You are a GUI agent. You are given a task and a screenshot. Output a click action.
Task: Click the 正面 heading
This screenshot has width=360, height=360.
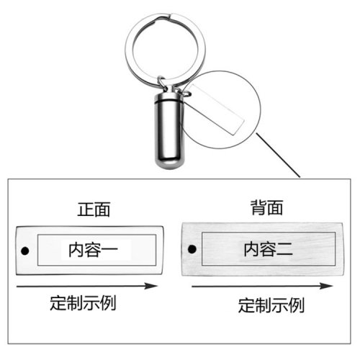tap(94, 210)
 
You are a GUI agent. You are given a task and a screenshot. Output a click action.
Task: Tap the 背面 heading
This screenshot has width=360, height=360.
tap(266, 207)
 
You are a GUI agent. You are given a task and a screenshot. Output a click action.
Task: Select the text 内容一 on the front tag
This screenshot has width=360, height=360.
tap(93, 250)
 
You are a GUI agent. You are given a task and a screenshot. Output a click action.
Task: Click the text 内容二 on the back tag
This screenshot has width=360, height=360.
tap(268, 249)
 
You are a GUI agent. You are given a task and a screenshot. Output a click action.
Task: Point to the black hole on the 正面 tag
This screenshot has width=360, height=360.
tap(25, 251)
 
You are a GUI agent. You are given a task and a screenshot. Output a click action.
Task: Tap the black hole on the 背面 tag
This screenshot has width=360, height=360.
tap(192, 249)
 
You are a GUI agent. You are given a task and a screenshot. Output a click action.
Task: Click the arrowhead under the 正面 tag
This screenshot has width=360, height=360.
tap(150, 286)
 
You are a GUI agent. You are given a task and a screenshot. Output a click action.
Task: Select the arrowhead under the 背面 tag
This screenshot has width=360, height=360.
tap(326, 286)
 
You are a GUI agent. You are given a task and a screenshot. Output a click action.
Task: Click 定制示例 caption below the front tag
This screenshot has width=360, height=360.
tap(83, 303)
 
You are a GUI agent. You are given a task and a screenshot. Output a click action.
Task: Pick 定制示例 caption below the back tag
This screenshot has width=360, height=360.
tap(271, 305)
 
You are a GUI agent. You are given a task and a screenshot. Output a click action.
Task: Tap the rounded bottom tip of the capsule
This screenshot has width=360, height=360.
tap(169, 166)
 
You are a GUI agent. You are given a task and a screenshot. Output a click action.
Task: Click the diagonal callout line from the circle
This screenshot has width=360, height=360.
tap(278, 156)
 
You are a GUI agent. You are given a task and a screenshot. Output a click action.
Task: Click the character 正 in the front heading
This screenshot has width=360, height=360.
tap(86, 210)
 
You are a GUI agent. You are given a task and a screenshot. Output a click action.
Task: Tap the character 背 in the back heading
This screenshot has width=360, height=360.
tap(258, 207)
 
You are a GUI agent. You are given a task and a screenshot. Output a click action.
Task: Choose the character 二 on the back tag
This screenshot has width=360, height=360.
tap(285, 249)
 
